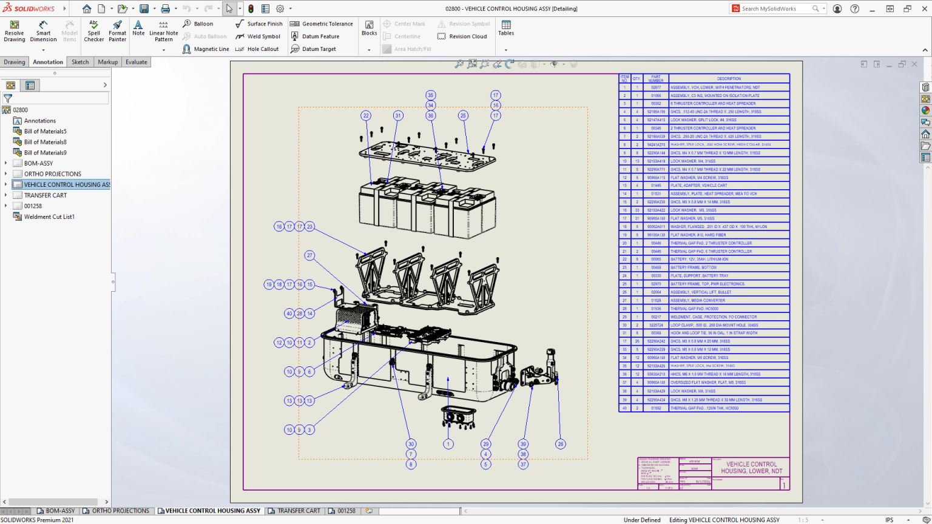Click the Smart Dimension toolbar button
[x=44, y=31]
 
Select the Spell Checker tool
[x=93, y=31]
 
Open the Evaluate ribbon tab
[x=137, y=62]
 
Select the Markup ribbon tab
[x=108, y=62]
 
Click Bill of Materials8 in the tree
[x=45, y=142]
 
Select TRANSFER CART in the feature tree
[x=46, y=195]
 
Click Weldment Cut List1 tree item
[x=49, y=217]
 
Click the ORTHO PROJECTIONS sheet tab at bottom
[x=120, y=511]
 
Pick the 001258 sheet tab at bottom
[x=346, y=511]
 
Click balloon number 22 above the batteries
[x=366, y=115]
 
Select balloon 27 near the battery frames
[x=309, y=255]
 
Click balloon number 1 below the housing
[x=448, y=444]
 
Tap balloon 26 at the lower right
[x=561, y=444]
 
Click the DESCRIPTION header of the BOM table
[x=729, y=78]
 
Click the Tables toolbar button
[x=506, y=28]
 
